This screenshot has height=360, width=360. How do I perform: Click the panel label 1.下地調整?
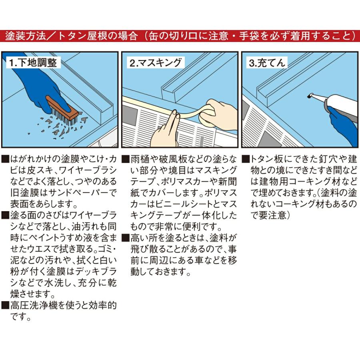33,63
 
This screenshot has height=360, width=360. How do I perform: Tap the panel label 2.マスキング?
156,63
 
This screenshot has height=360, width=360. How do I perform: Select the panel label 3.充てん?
267,63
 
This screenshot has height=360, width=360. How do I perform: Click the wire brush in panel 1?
63,111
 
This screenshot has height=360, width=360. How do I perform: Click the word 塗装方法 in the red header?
26,36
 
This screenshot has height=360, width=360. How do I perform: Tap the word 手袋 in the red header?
249,36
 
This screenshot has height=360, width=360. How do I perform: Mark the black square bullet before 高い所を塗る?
125,238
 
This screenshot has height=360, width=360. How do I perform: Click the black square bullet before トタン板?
246,159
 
